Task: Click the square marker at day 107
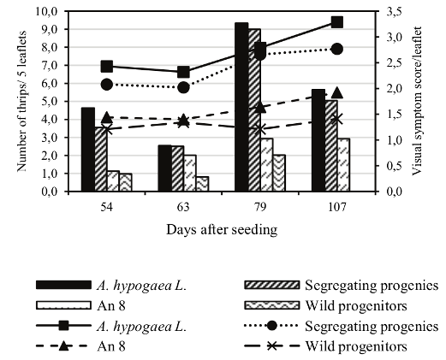click(x=336, y=22)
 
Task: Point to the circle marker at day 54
click(x=107, y=84)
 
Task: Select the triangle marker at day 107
click(x=336, y=92)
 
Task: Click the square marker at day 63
click(x=183, y=72)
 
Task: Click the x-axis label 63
click(x=183, y=208)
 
